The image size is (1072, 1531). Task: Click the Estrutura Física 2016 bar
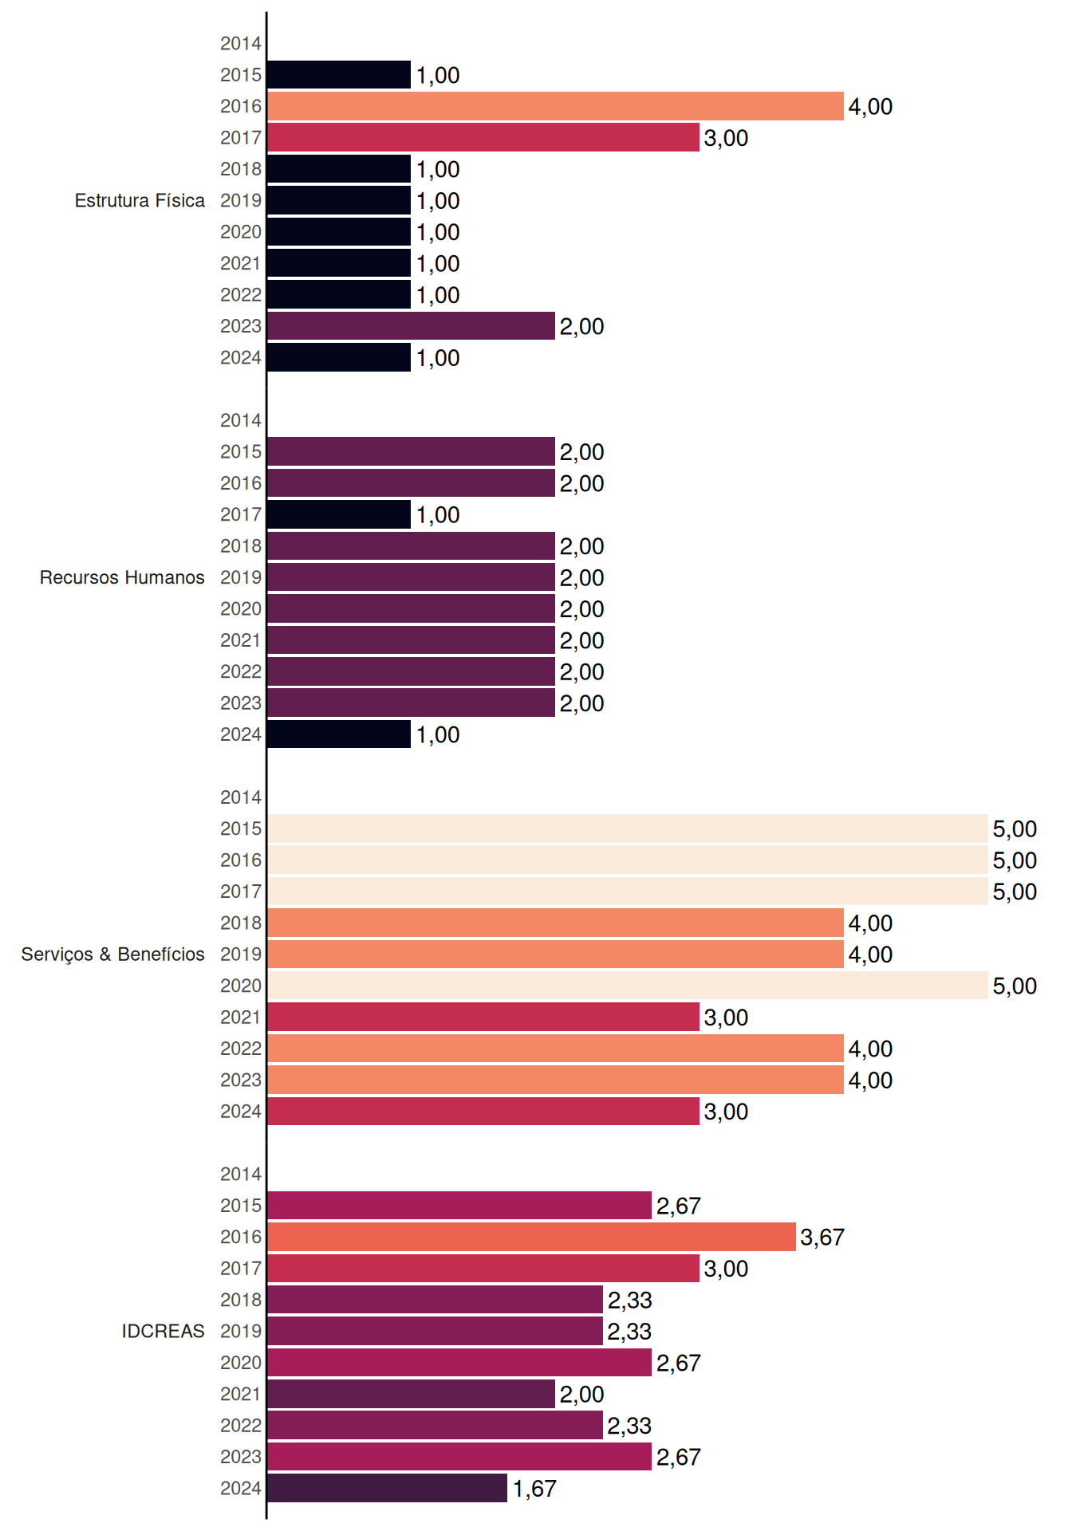(555, 106)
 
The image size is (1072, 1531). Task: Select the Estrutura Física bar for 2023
(411, 326)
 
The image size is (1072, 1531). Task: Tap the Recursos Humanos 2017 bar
(339, 514)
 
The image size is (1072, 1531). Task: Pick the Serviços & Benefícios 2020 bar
(628, 986)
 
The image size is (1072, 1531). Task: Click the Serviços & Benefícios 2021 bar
(483, 1017)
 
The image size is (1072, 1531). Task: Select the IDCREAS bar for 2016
(531, 1237)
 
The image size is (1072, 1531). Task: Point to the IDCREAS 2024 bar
(387, 1488)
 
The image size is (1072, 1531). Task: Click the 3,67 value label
(822, 1238)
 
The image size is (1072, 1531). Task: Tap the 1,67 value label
(534, 1489)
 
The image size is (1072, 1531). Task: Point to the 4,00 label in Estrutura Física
(870, 107)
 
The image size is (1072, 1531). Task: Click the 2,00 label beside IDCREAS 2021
(581, 1395)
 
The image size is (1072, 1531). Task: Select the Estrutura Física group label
(140, 200)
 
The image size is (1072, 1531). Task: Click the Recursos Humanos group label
(122, 577)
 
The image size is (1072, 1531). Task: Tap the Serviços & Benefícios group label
(112, 954)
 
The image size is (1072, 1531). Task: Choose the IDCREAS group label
(163, 1331)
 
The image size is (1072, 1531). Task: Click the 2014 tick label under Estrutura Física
(241, 44)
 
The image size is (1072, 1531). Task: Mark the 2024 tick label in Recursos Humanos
(241, 734)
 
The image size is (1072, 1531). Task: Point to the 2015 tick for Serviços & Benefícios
(241, 828)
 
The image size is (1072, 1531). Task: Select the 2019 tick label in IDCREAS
(241, 1331)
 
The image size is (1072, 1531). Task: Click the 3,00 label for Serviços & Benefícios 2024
(726, 1112)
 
